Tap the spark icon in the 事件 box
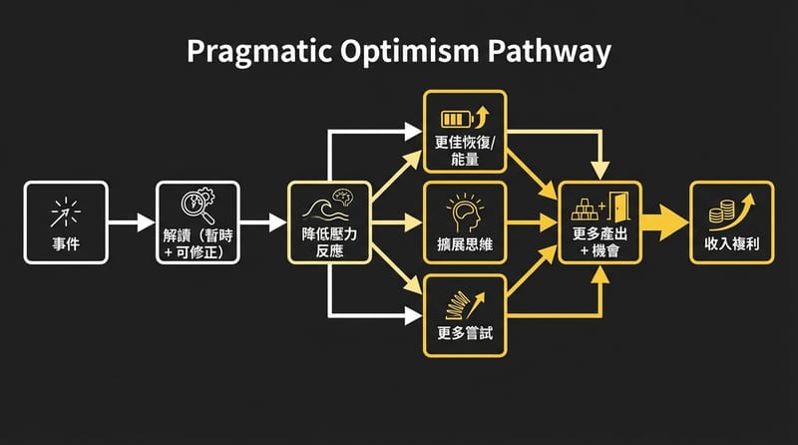(64, 211)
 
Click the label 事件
(64, 243)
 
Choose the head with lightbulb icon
(465, 211)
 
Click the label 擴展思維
(465, 243)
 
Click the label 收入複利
(731, 243)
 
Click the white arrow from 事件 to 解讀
(129, 222)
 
